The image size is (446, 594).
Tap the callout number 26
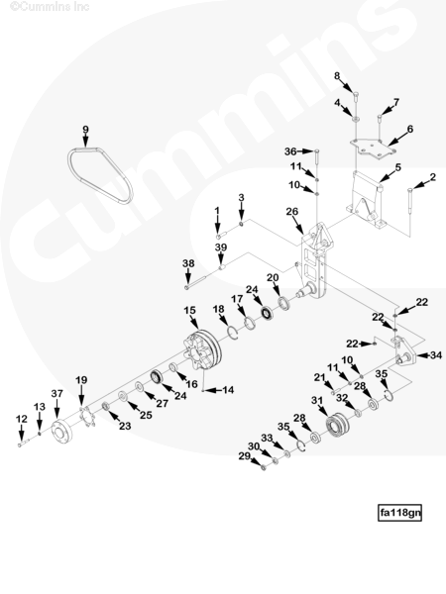coord(292,212)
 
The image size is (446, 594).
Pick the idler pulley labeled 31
coord(337,426)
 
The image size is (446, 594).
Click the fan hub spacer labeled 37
coord(61,432)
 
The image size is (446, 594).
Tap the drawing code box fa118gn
coord(399,513)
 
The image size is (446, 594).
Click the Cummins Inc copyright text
coord(50,7)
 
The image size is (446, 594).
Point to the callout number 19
coord(81,379)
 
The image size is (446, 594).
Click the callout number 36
coord(290,151)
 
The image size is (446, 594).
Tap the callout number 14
coord(228,390)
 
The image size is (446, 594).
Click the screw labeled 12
coord(23,443)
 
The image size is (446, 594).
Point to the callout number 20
coord(273,277)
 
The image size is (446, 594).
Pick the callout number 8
coord(337,76)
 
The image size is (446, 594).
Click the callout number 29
coord(245,456)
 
